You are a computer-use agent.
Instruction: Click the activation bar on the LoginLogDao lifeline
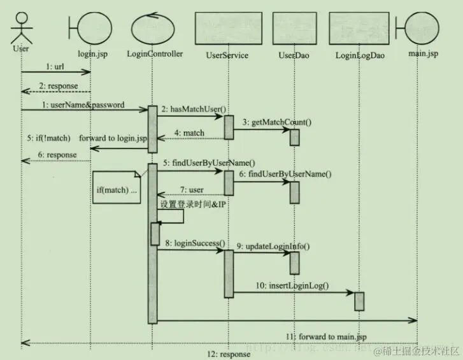point(359,301)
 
